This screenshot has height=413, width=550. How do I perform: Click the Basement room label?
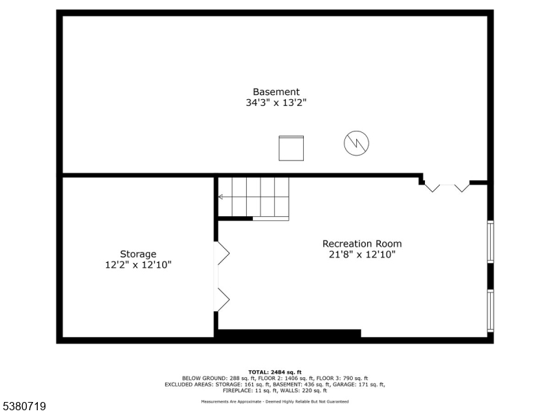[276, 92]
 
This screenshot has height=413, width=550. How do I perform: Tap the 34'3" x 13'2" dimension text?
[276, 103]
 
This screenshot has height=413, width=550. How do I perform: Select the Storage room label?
[138, 253]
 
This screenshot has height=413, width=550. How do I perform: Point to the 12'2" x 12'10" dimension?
[138, 264]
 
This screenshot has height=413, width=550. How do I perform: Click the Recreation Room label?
[362, 243]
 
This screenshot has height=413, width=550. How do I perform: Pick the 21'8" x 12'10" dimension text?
[362, 255]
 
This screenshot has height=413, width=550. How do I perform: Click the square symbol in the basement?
[291, 148]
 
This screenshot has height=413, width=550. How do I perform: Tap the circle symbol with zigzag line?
[356, 143]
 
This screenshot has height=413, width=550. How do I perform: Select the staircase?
[259, 197]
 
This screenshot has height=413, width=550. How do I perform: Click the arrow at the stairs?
[221, 197]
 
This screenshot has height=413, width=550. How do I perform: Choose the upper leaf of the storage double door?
[223, 253]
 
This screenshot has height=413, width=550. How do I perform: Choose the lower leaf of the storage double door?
[223, 299]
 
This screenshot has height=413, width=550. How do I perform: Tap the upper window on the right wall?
[490, 242]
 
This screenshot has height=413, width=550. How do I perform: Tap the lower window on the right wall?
[490, 310]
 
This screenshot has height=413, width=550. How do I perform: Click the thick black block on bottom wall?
[289, 334]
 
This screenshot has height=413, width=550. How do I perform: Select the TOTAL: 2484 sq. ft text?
[275, 372]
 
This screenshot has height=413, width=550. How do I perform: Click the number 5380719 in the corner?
[23, 407]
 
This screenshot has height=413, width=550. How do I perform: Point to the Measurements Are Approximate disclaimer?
[275, 401]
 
